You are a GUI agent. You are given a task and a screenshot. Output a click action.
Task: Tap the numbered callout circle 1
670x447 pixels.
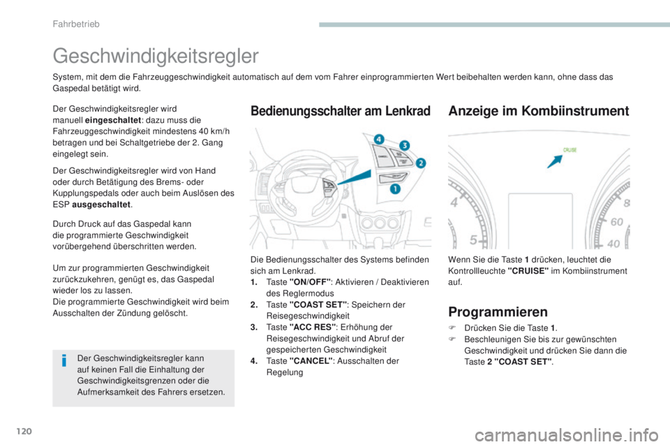tap(395, 189)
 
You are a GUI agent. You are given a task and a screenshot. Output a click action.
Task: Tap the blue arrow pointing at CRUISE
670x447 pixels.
tap(556, 162)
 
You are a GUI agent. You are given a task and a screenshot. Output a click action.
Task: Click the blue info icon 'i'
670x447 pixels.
tap(64, 362)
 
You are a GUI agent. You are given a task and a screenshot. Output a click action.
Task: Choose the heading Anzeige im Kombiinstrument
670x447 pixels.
tap(539, 110)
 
